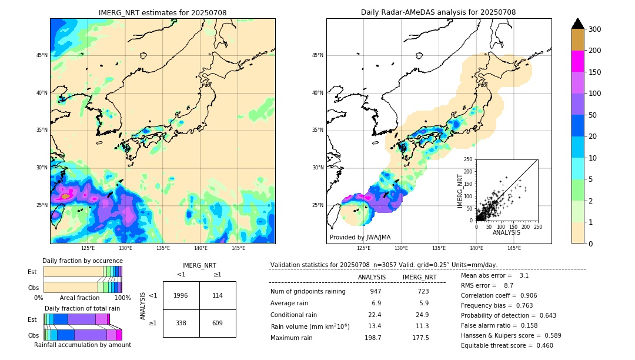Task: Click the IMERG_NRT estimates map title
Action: point(162,12)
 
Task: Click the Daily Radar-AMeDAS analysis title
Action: point(438,12)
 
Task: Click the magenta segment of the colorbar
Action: point(577,61)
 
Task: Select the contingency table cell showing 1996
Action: point(181,295)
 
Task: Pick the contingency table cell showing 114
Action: point(218,295)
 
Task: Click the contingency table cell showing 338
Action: point(181,323)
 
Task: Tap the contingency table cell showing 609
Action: point(218,323)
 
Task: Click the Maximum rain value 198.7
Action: point(372,338)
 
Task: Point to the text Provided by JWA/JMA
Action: point(360,238)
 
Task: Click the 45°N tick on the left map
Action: point(41,55)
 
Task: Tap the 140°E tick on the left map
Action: point(200,248)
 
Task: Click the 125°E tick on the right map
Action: point(364,248)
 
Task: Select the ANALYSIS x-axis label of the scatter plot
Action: point(506,232)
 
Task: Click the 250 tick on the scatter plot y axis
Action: point(468,159)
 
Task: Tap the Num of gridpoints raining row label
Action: point(308,291)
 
